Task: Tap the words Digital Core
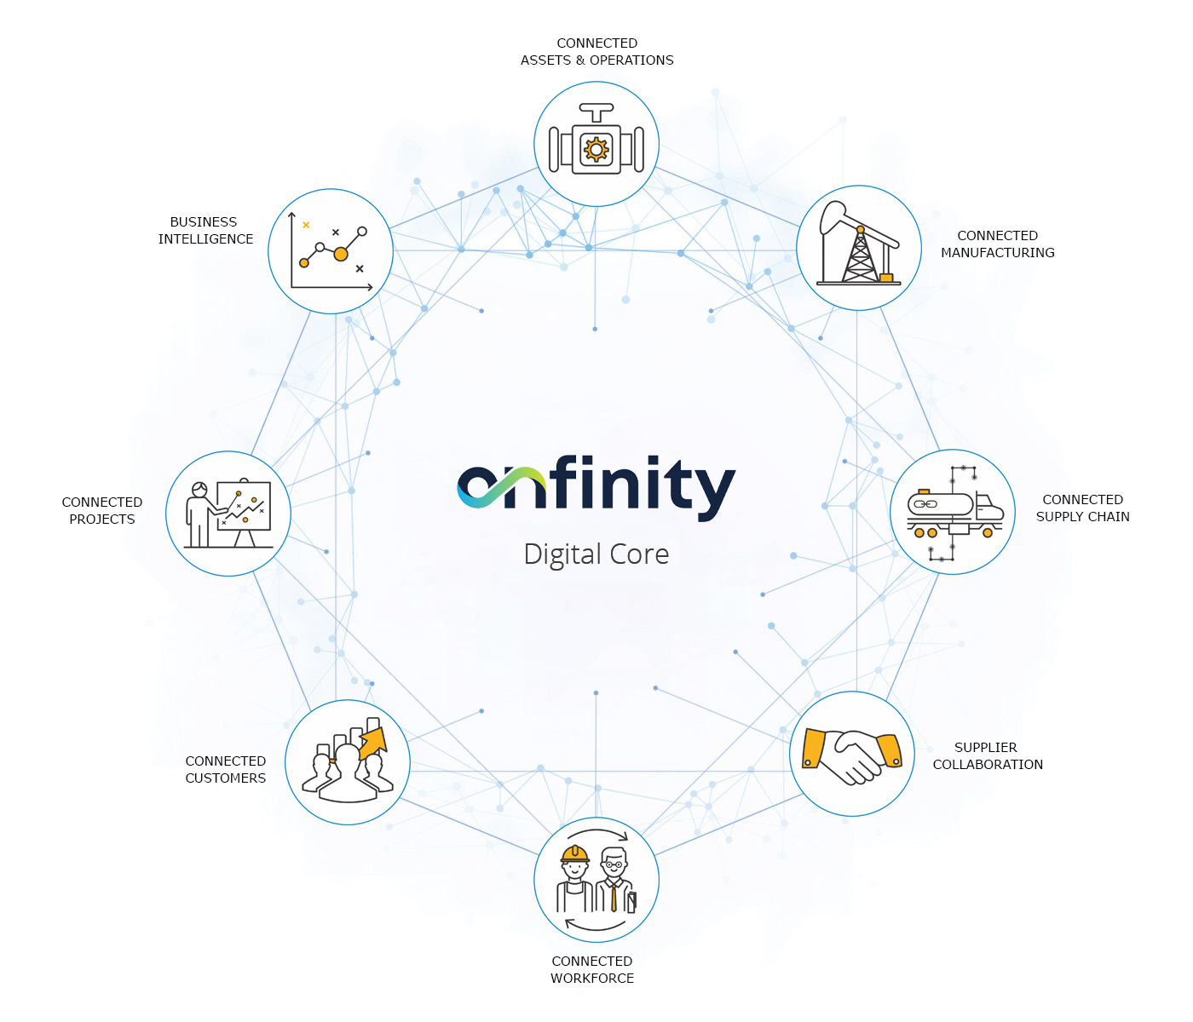click(x=596, y=554)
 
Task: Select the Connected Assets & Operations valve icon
click(x=596, y=144)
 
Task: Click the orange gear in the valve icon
click(x=596, y=150)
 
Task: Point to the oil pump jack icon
click(x=859, y=247)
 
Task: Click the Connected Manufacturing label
click(x=997, y=244)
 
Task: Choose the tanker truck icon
click(x=953, y=512)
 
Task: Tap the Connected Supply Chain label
click(x=1082, y=508)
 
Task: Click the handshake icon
click(x=852, y=755)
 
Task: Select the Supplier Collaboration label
click(x=987, y=756)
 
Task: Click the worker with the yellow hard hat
click(x=575, y=877)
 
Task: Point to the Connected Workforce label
click(x=592, y=970)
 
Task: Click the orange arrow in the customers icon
click(x=373, y=743)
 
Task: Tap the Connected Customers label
click(x=226, y=770)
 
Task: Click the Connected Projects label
click(x=102, y=511)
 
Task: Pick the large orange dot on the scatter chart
click(x=341, y=254)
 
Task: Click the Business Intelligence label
click(x=205, y=231)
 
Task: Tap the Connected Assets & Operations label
click(x=596, y=52)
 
